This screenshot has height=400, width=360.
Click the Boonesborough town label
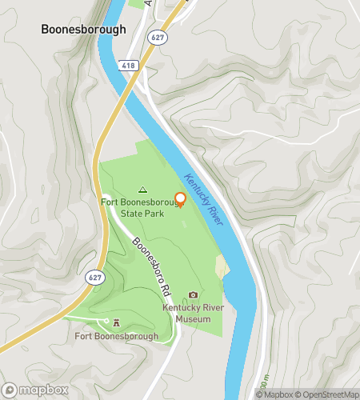[84, 29]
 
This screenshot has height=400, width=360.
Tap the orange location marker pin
[180, 200]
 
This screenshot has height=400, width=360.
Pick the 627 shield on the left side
[94, 276]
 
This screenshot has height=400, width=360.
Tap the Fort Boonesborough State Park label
[141, 208]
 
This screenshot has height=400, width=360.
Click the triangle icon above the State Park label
[142, 190]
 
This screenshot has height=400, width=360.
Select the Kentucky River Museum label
[193, 312]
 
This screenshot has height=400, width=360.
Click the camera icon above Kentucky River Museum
[193, 294]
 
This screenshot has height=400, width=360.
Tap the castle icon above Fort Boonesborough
[117, 322]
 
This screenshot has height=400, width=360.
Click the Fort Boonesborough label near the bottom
[116, 336]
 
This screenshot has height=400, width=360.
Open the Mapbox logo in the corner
[35, 390]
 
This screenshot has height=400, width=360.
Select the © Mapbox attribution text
[273, 394]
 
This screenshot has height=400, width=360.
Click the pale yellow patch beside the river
[222, 269]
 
